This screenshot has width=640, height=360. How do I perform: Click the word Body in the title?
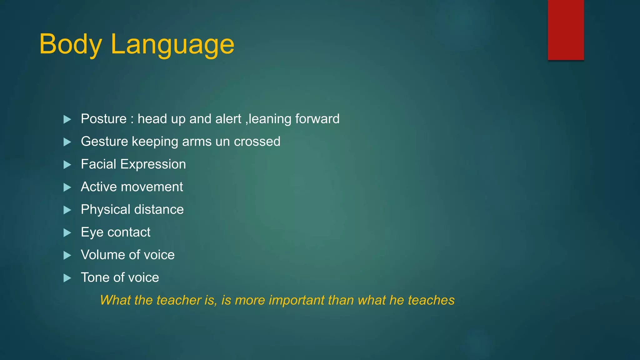71,44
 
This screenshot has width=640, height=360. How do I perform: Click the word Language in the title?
172,44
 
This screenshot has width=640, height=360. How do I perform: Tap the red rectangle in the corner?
566,30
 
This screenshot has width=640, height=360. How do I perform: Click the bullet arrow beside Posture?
67,119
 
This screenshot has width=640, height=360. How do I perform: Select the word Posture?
103,119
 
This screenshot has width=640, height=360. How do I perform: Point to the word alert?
228,119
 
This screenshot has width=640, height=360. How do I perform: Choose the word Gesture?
104,142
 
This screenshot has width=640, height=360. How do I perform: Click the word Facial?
98,164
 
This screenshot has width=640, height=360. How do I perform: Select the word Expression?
153,164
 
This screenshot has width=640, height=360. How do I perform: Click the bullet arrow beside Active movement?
67,187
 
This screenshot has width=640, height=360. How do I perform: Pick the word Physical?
105,210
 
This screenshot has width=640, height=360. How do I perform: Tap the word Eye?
92,232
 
